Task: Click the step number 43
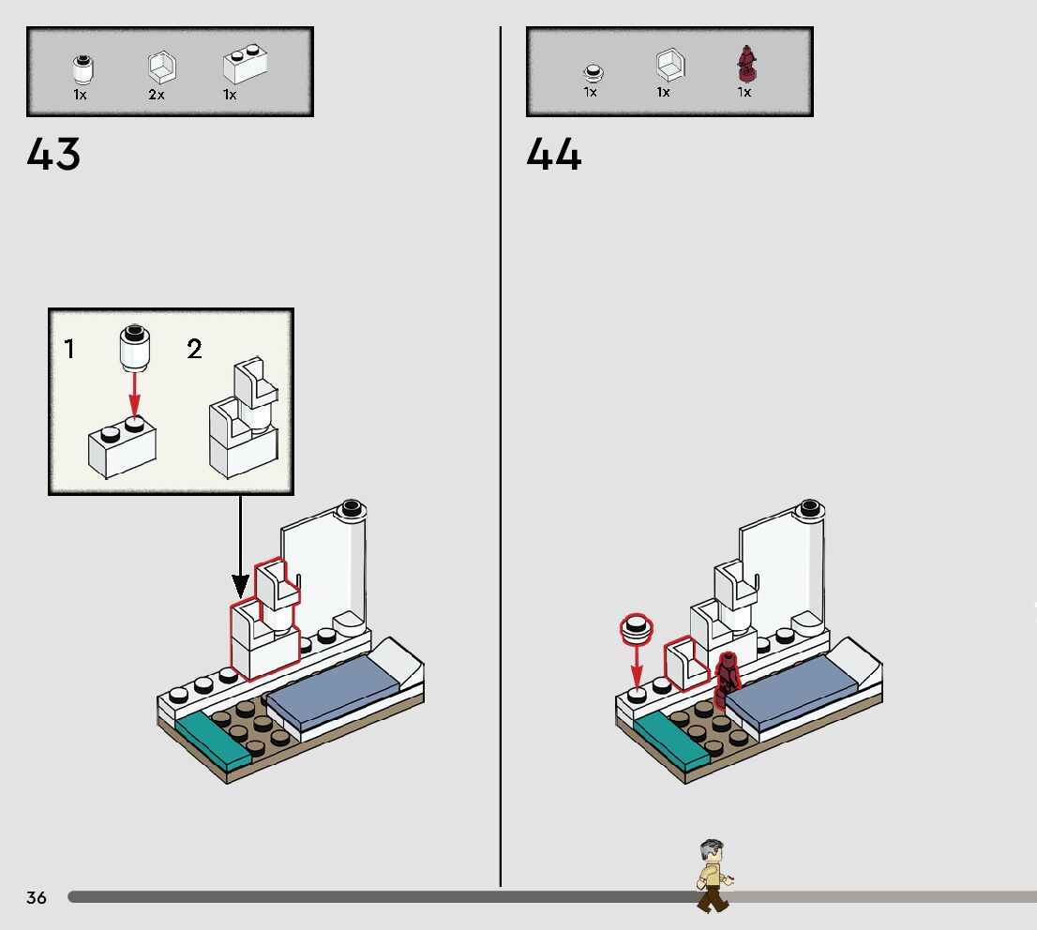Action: [x=54, y=154]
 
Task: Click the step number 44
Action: [x=554, y=154]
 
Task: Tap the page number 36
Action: [x=37, y=897]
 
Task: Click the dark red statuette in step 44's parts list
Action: [x=746, y=64]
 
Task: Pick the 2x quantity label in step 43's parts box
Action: [x=156, y=95]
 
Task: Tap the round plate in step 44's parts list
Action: [x=591, y=70]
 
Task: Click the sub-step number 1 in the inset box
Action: [x=69, y=349]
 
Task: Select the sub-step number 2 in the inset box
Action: [x=194, y=349]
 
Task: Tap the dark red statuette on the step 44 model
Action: [x=727, y=680]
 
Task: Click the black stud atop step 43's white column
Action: [x=352, y=508]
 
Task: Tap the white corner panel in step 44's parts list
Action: [x=669, y=66]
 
